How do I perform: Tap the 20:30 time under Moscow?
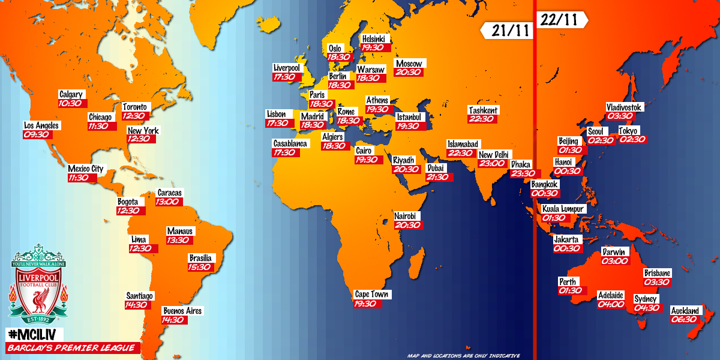[409, 72]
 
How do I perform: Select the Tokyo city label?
[629, 131]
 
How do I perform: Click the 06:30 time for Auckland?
[685, 319]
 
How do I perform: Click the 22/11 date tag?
[560, 19]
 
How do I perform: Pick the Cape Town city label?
[373, 294]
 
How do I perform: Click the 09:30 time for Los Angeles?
[37, 134]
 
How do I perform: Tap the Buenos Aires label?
[182, 311]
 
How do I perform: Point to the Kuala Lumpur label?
[563, 209]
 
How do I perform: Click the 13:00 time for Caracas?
[169, 202]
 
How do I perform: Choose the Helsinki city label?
[376, 39]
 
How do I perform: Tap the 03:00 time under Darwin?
[614, 261]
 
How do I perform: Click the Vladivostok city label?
[624, 107]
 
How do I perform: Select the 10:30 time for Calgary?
[70, 103]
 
